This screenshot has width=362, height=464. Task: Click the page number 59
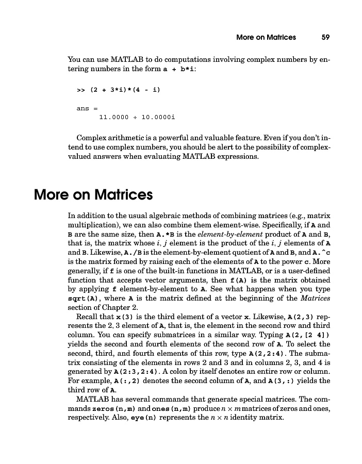tap(325, 37)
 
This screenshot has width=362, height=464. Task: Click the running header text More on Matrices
tap(266, 37)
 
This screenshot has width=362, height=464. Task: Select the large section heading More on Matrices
tap(93, 195)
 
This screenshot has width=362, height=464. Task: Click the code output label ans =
tap(83, 108)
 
